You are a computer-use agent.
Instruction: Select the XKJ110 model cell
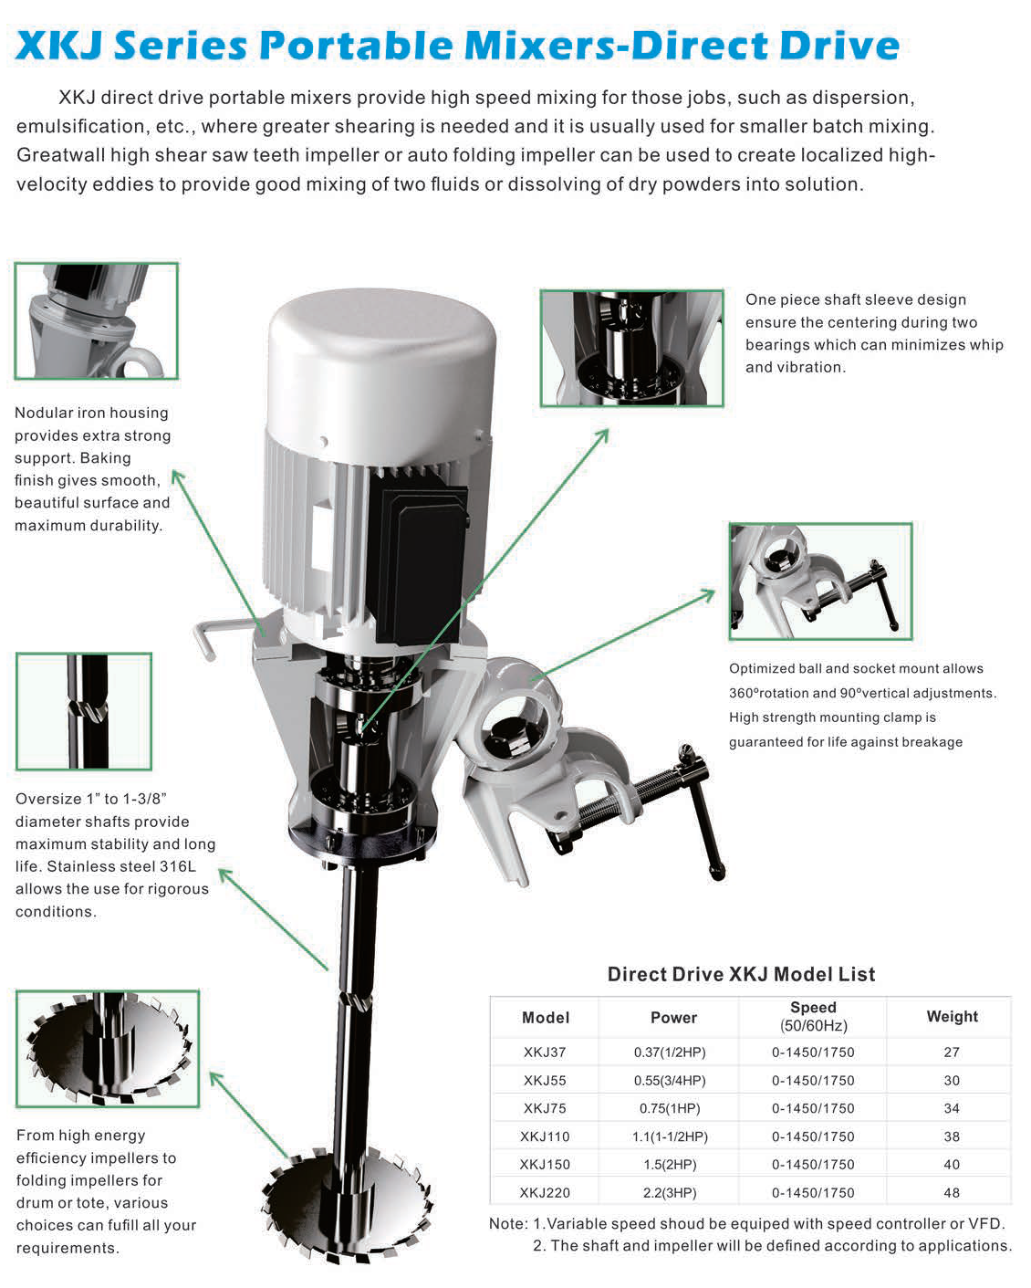tap(545, 1136)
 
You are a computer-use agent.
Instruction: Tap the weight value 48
tap(952, 1192)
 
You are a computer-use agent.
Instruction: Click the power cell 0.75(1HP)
tap(670, 1108)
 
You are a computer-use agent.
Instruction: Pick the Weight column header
tap(952, 1016)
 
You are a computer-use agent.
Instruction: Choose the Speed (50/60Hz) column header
tap(813, 1016)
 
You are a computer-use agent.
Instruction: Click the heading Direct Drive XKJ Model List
tap(741, 974)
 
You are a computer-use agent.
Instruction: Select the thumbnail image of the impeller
tap(108, 1049)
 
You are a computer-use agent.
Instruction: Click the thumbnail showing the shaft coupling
tap(84, 711)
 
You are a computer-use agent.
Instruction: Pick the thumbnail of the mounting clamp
tap(820, 581)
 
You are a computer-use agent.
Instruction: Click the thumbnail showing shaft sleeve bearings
tap(631, 348)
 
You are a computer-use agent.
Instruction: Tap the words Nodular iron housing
tap(91, 413)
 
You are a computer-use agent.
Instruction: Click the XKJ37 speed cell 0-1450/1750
tap(813, 1052)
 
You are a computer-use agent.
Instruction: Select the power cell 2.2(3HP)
tap(670, 1192)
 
